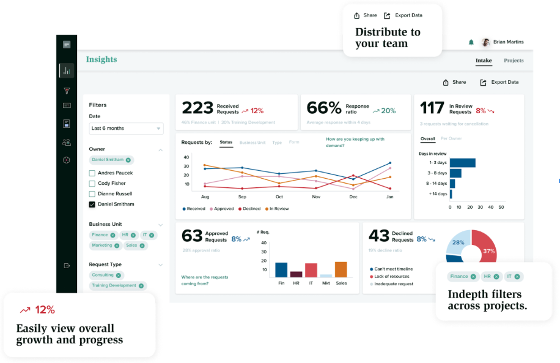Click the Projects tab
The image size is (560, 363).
514,61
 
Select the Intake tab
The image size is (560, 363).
483,61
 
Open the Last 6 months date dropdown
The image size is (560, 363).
126,129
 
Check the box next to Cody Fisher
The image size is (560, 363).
92,184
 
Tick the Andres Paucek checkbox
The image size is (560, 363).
92,173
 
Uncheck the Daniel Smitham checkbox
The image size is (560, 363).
92,204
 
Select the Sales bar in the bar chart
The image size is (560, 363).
341,270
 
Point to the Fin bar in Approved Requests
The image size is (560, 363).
281,270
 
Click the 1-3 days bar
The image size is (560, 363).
462,163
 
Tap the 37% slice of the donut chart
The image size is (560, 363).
489,248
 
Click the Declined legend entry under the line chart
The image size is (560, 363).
249,209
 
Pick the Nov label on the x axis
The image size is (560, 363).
316,197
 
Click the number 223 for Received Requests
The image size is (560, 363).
197,108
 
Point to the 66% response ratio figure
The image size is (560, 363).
323,108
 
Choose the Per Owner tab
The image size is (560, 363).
451,139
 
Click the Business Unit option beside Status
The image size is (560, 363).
252,143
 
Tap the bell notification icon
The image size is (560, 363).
471,42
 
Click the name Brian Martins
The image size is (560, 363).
508,42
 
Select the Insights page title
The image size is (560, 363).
101,59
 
